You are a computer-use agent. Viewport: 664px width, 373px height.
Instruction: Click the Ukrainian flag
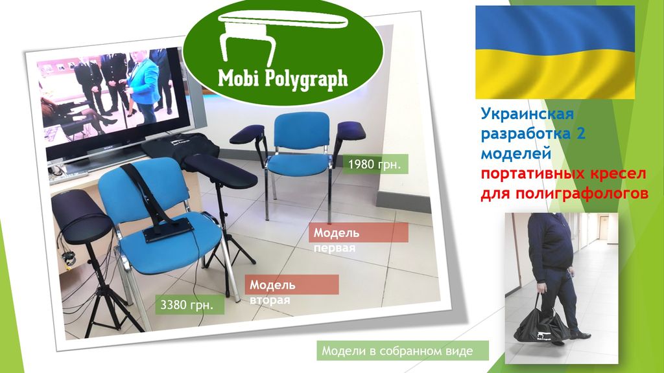pos(555,52)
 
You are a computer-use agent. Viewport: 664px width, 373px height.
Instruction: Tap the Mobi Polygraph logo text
pos(283,78)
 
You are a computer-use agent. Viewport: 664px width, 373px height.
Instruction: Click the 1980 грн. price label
pos(375,164)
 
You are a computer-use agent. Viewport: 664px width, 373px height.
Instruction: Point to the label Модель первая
pos(337,240)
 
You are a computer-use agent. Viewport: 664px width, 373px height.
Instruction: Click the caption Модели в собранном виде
pos(397,351)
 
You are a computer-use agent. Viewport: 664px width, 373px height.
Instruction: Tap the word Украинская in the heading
pos(527,113)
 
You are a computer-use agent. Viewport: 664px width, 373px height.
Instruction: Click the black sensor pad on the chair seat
pos(168,232)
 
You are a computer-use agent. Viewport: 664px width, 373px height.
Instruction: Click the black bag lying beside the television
pos(180,146)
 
